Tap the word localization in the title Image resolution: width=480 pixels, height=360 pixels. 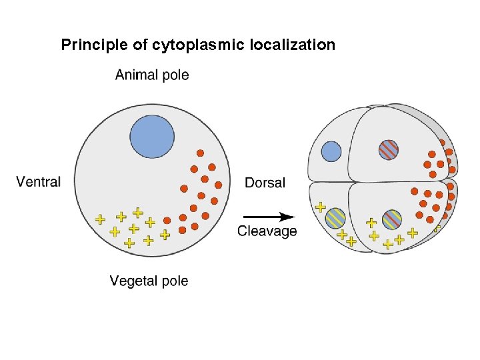294,45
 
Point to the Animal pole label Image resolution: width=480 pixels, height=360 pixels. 152,75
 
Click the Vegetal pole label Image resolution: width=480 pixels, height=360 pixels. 149,281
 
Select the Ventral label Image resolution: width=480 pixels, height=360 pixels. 38,181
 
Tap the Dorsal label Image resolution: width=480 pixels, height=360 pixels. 265,183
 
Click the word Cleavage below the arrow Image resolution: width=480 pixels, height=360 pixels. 267,231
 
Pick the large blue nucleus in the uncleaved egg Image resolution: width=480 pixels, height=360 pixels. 152,137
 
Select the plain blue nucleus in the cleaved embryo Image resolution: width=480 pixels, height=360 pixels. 331,152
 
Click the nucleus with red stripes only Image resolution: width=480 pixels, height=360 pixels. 389,149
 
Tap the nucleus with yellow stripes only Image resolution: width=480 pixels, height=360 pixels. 335,217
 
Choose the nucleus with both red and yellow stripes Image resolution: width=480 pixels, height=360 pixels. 392,219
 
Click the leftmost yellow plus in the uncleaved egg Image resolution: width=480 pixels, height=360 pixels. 99,219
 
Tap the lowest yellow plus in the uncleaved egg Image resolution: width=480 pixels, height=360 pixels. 129,243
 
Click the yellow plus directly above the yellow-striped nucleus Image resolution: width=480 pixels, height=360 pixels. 321,207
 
